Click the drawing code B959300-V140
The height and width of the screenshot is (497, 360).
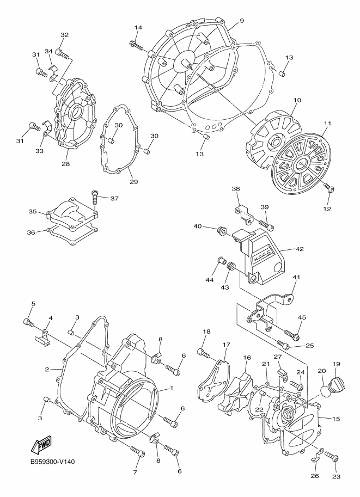pyautogui.click(x=52, y=462)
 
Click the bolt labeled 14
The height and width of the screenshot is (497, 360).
pyautogui.click(x=136, y=45)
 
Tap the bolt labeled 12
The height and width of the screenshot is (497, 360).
pyautogui.click(x=330, y=189)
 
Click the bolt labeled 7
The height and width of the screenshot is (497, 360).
pyautogui.click(x=137, y=450)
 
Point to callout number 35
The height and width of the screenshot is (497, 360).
pyautogui.click(x=32, y=212)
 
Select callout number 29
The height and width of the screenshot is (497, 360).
pyautogui.click(x=133, y=182)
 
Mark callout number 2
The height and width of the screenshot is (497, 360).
pyautogui.click(x=47, y=369)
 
